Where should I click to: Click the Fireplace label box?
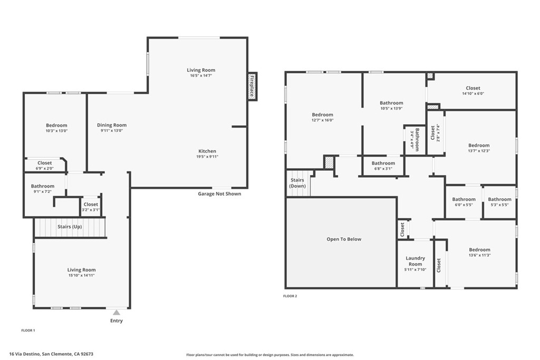pos(252,86)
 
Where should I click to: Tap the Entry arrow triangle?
pos(117,313)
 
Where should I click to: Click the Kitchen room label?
pos(207,151)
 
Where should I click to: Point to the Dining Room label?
pos(112,125)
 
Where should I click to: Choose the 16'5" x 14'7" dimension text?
pos(201,75)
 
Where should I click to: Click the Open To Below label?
pos(344,239)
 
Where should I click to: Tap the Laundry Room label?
pos(415,261)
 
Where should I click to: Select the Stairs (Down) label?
pos(297,183)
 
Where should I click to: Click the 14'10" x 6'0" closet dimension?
pos(472,94)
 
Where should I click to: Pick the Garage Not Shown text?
pos(219,194)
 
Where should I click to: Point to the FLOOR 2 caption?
pos(290,296)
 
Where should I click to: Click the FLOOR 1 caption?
pos(28,330)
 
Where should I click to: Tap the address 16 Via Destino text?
pos(55,354)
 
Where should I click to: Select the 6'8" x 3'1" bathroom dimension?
pos(383,169)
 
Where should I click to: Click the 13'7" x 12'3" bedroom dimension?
pos(479,151)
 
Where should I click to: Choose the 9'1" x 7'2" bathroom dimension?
pos(42,191)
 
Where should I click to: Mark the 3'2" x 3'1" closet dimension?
pos(91,210)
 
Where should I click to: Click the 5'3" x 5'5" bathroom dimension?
pos(499,205)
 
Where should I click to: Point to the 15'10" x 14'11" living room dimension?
pos(81,275)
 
